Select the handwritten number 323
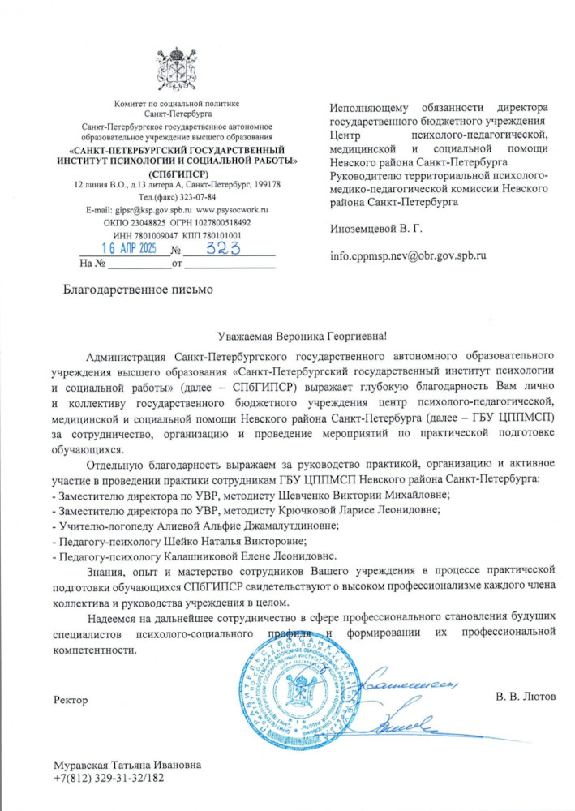[217, 248]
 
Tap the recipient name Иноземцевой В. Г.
[376, 230]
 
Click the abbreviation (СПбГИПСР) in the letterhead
[177, 174]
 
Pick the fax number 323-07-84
[194, 197]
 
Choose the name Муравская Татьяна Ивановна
[127, 765]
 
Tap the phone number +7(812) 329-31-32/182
[109, 778]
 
